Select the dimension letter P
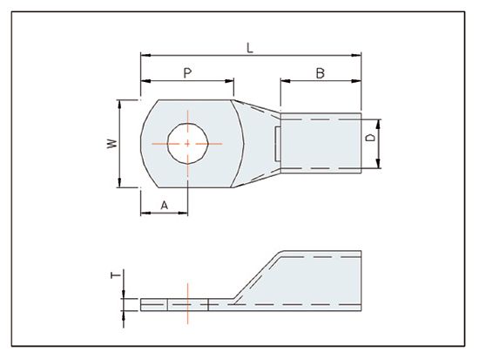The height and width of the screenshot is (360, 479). tap(187, 73)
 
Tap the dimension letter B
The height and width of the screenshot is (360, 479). tap(320, 74)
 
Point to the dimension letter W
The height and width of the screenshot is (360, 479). tap(111, 142)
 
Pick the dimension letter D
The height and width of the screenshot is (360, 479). tap(371, 139)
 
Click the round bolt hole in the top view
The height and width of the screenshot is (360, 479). tap(187, 141)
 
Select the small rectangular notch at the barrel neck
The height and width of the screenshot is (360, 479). tap(277, 143)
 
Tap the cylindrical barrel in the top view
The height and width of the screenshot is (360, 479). tap(320, 142)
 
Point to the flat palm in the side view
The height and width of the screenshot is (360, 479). tap(174, 303)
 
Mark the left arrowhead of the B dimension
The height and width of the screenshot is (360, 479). tap(283, 84)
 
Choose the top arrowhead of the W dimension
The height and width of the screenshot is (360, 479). tap(120, 102)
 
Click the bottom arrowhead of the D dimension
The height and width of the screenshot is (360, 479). tap(381, 166)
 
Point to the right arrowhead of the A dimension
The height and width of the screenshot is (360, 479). tap(185, 212)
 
